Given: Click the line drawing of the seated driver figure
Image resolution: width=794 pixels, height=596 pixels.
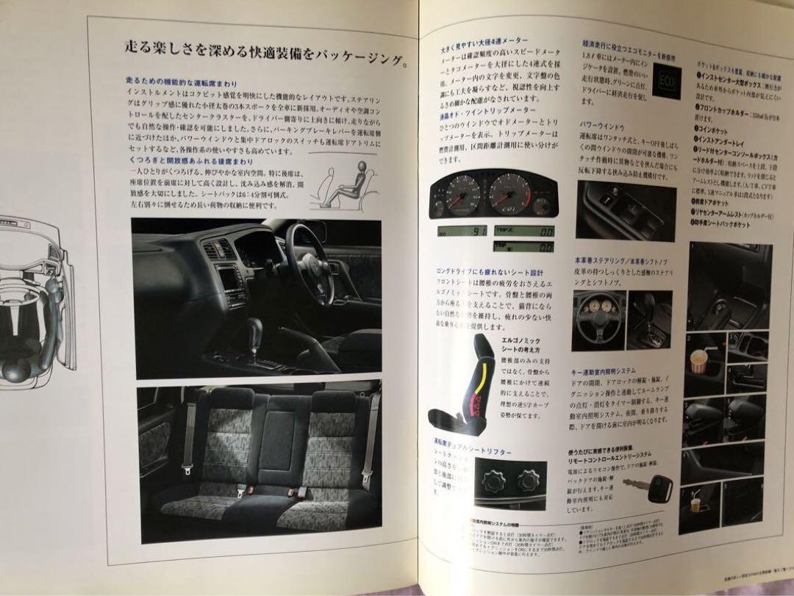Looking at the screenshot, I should [x=340, y=184].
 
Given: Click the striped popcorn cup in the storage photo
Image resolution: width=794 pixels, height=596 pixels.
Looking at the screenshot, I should [x=698, y=361].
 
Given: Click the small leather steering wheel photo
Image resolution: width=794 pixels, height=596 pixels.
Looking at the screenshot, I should [x=599, y=320].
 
